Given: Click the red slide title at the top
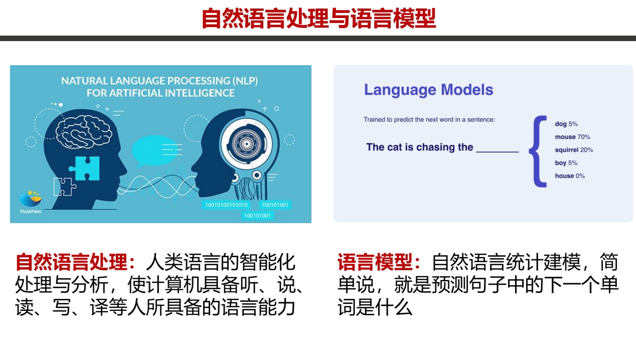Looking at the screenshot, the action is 319,19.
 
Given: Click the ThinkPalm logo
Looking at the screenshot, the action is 31,202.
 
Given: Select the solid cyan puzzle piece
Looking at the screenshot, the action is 85,168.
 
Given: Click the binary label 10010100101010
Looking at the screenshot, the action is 226,205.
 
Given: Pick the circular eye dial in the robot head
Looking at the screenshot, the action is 246,144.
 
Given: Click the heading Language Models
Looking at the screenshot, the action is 428,90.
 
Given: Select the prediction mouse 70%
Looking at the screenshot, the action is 572,137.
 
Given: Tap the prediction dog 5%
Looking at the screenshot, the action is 566,124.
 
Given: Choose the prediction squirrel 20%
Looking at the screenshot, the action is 574,150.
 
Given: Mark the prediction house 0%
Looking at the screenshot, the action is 570,176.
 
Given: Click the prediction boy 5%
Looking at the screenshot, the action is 566,163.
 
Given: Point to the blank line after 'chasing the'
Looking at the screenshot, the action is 498,152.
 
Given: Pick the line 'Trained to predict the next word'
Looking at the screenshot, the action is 429,119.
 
